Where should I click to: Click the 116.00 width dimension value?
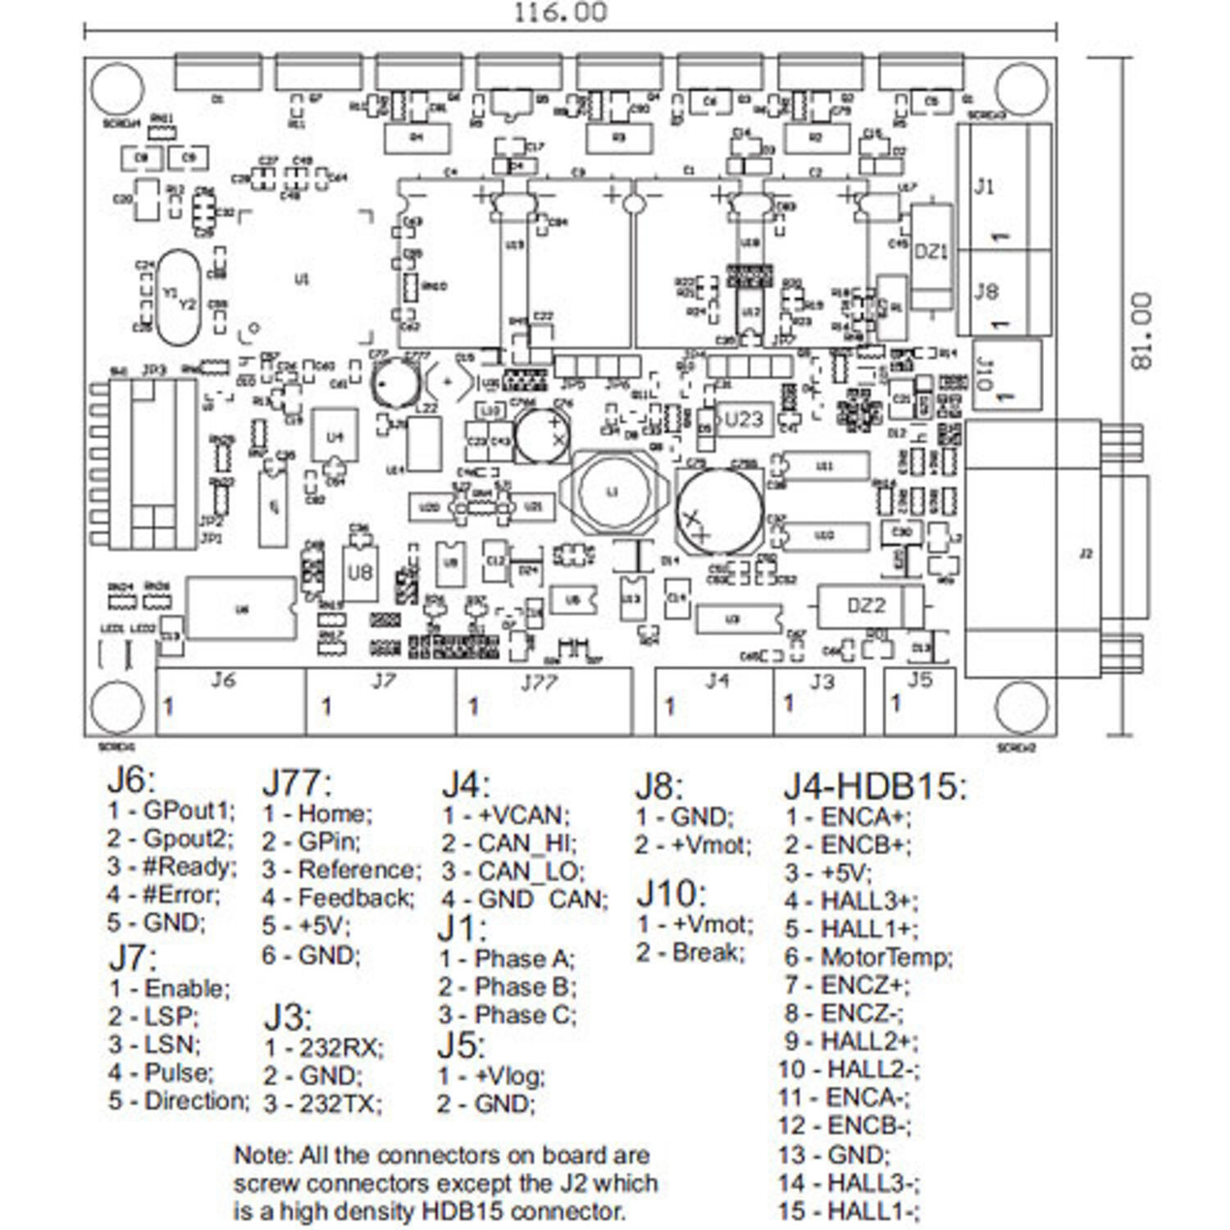pos(560,13)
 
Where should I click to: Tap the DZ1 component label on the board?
pos(931,252)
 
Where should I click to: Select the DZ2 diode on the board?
pos(866,606)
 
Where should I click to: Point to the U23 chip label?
pos(744,419)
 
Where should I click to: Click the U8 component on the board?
pos(360,572)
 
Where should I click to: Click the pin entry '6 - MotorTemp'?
pos(868,957)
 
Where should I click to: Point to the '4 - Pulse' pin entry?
pos(161,1073)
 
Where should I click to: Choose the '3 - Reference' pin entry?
pos(342,870)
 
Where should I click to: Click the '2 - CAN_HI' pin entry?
pos(509,843)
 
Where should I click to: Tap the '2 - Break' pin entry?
pos(690,953)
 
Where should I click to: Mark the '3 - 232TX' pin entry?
pos(323,1104)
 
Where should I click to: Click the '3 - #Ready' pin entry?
pos(171,867)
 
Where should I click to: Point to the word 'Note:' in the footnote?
pos(263,1155)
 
